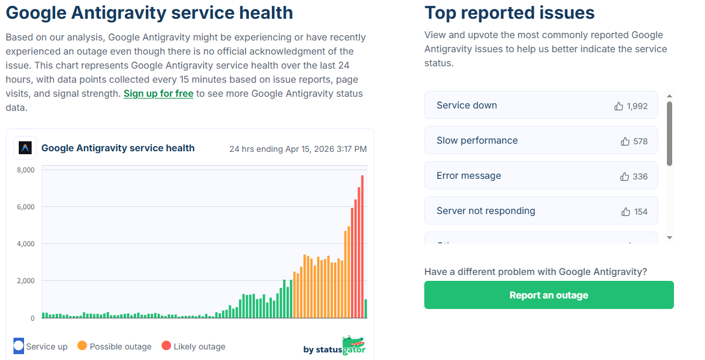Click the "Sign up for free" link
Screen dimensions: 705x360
click(x=158, y=94)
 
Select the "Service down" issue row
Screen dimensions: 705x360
click(x=541, y=105)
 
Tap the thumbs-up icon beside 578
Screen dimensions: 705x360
click(x=625, y=141)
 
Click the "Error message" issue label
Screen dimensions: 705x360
click(x=469, y=175)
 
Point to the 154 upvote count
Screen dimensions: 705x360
click(x=641, y=212)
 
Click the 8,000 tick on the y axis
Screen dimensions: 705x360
click(x=26, y=170)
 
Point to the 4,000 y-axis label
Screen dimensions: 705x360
click(x=26, y=244)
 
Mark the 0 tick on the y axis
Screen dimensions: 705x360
click(x=32, y=318)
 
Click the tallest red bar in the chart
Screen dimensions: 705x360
click(x=362, y=247)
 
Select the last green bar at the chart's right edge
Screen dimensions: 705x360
click(x=366, y=308)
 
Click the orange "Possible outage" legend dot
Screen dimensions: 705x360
click(x=82, y=345)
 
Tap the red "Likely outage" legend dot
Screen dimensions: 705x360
click(x=166, y=345)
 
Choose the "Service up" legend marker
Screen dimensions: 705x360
click(x=19, y=346)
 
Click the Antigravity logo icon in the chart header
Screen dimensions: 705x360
click(x=25, y=148)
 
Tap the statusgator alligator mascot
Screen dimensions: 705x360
click(x=354, y=345)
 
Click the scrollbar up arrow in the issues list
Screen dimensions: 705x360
click(x=669, y=96)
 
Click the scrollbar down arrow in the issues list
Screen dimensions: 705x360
click(x=669, y=238)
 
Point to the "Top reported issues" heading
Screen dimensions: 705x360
click(x=509, y=13)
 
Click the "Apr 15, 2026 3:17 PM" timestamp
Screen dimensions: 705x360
click(x=326, y=149)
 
